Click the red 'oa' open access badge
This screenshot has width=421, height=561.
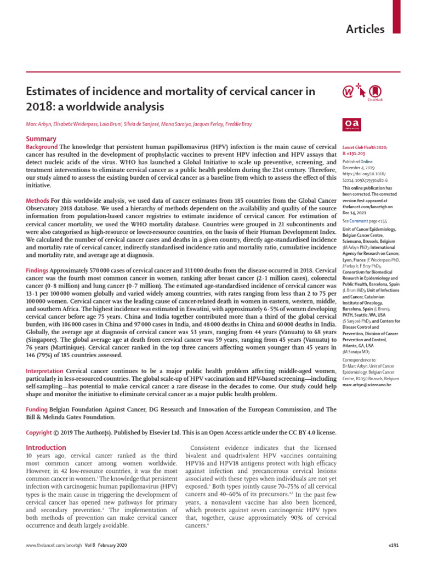350,125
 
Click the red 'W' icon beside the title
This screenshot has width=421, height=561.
349,90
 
